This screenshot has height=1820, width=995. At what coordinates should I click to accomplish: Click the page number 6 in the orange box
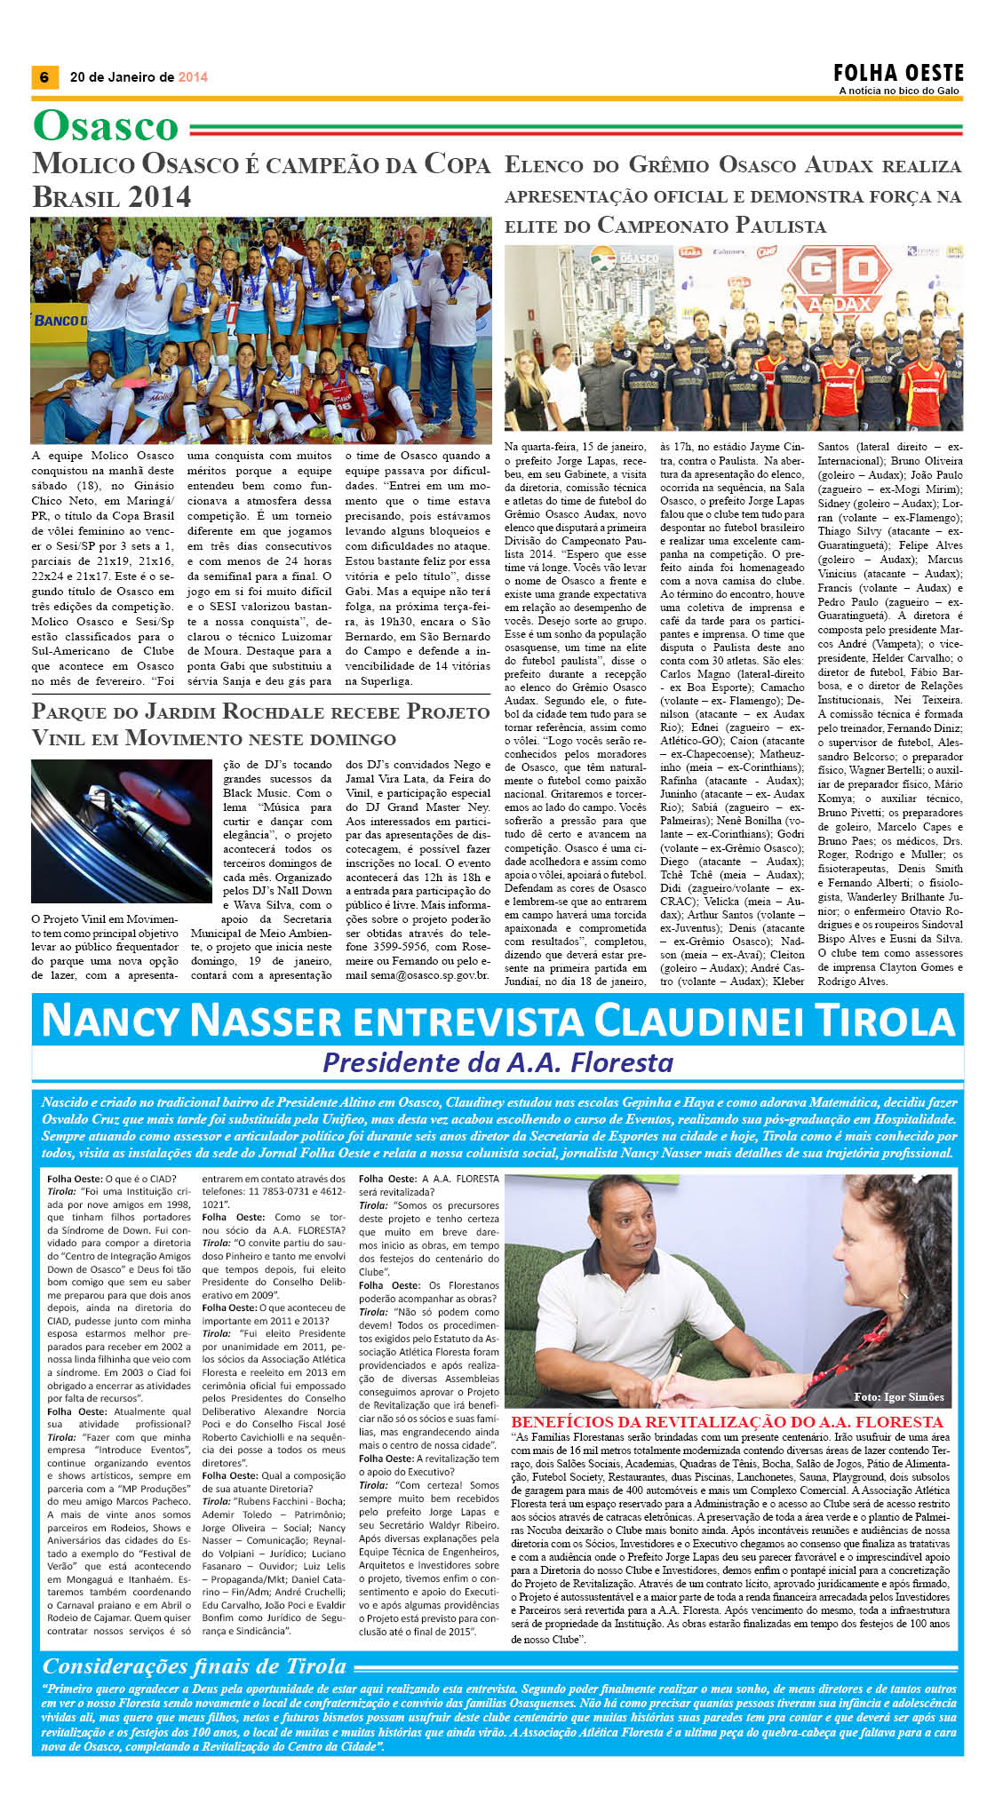pos(44,77)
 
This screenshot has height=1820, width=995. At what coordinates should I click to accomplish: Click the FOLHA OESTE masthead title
pos(898,73)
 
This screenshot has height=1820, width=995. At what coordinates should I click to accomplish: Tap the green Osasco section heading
pos(106,126)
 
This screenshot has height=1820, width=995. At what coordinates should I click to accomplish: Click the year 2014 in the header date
pos(193,77)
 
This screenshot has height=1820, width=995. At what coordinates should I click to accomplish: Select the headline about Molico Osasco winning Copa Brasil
pos(260,179)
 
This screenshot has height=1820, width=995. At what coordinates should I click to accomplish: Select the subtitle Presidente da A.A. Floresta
pos(497,1062)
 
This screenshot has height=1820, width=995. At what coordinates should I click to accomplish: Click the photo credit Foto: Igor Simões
pos(898,1397)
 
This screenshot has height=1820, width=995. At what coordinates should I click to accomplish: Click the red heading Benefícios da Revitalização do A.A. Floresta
pos(727,1422)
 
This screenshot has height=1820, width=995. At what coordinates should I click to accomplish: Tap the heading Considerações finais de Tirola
pos(195,1666)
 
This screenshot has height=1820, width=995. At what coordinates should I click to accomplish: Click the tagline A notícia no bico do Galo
pos(900,91)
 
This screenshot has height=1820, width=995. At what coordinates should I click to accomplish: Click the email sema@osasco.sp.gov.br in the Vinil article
pos(417,975)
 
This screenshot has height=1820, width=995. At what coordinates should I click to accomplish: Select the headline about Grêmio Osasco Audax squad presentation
pos(733,195)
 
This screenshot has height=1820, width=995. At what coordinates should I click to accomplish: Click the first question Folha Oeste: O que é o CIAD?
pos(112,1179)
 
